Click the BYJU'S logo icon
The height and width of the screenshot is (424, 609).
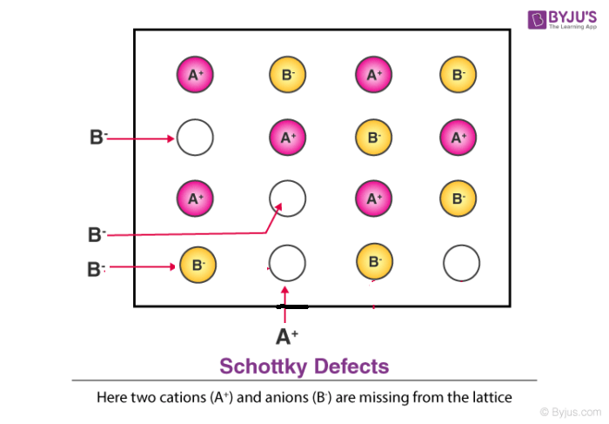pos(535,18)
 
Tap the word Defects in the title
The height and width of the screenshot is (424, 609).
pos(351,365)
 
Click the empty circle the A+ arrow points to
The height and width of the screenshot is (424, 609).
pos(287,261)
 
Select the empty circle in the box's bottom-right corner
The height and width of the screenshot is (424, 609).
pos(461,261)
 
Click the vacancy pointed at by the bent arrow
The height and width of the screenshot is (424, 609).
pos(287,199)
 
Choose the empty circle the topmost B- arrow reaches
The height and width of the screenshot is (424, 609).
pos(195,137)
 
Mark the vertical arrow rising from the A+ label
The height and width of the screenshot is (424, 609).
pos(284,305)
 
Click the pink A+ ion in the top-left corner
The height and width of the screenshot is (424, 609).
pos(195,75)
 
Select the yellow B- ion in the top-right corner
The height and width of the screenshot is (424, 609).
pos(458,75)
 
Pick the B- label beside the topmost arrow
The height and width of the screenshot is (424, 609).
pos(97,138)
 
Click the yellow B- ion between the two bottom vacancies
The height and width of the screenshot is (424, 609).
pos(374,261)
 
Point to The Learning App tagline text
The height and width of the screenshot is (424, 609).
pos(572,28)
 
